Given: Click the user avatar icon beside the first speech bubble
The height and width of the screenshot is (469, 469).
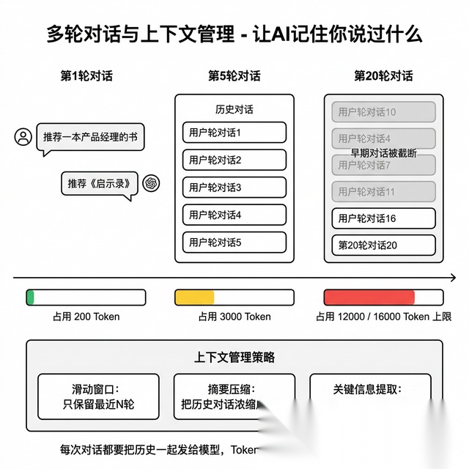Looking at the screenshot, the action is coord(24,137).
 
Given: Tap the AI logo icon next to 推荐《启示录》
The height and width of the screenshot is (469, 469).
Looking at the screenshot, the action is coord(152,182).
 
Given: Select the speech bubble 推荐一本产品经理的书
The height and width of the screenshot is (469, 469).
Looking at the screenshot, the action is coord(89,137).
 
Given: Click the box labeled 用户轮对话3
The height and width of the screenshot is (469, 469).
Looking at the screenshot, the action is coord(234,187).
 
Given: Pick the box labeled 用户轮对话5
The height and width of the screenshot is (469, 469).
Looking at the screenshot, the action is coord(234,242).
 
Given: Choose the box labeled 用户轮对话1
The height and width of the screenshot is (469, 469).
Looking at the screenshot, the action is coord(234,133).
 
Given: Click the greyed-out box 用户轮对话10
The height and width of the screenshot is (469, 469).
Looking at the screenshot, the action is coord(384,112).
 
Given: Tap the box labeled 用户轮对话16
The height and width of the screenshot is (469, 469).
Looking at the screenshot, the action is coord(384,218).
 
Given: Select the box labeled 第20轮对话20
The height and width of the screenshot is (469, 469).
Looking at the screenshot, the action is coord(384,245).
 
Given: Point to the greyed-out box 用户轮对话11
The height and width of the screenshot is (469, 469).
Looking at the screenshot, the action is coord(384,191).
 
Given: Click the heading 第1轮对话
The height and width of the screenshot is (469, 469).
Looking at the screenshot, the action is coord(86,75).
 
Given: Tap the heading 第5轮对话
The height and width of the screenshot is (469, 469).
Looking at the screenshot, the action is coord(234,75).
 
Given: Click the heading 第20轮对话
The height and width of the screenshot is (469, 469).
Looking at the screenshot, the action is coord(383,75).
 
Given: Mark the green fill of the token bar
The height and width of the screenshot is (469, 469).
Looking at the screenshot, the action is coord(30,297).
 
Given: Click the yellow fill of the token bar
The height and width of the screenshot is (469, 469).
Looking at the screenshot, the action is coord(194,297).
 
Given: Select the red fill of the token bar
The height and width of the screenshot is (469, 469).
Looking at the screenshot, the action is coord(369,297).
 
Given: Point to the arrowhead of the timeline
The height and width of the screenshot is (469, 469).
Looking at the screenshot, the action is coord(452,278).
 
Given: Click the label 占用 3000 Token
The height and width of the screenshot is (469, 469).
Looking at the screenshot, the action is coord(234,317).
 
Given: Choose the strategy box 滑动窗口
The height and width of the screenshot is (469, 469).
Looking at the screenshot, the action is coord(99,396).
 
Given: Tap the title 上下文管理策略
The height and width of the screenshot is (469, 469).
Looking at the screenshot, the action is coord(234,358).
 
